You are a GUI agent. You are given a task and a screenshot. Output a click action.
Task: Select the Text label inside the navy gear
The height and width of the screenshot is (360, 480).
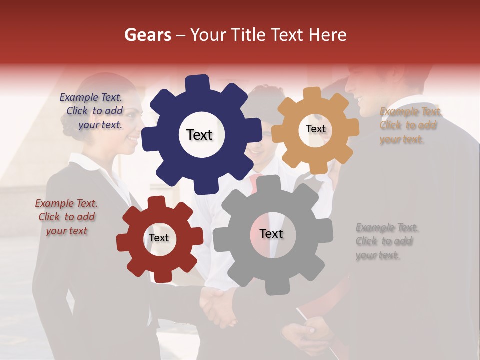click(x=200, y=135)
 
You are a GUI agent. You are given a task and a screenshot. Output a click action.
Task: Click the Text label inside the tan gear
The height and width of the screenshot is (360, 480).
click(x=315, y=129)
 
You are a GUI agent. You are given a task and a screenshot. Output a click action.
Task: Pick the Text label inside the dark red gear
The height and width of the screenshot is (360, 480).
click(x=159, y=238)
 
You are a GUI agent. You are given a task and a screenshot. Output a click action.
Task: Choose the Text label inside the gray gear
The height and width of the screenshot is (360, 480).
click(x=271, y=233)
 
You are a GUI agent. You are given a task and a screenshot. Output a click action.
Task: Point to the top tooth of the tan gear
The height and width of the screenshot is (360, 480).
click(x=312, y=94)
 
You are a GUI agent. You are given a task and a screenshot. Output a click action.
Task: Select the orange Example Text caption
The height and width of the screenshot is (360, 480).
click(x=410, y=125)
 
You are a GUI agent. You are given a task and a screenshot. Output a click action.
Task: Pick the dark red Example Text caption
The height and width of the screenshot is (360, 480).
click(x=66, y=217)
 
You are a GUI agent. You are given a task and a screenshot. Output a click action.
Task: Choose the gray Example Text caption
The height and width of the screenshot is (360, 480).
click(x=386, y=241)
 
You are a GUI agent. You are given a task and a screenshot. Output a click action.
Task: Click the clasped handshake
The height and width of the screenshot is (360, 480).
click(x=218, y=305)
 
